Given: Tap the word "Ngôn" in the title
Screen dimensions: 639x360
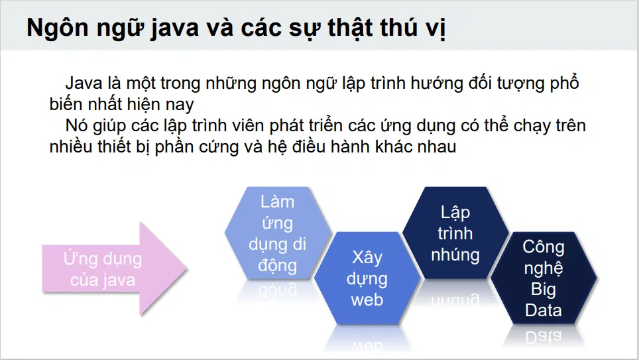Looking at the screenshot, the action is click(x=58, y=28).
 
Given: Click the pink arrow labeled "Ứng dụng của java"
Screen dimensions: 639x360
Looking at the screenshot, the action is click(x=115, y=269).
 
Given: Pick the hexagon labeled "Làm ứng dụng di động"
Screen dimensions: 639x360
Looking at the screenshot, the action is click(x=278, y=233).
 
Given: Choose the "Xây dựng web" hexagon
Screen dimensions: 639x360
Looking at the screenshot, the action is click(x=367, y=278).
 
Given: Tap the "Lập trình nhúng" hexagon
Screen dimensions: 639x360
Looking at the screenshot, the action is click(x=455, y=233).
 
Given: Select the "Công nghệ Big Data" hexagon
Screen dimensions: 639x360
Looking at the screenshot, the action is click(x=544, y=278).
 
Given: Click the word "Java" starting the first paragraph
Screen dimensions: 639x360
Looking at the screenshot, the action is click(x=84, y=83).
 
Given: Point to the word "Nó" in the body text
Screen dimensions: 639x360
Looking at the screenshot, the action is click(x=77, y=125).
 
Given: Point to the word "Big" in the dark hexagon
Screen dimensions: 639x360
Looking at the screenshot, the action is click(x=544, y=290).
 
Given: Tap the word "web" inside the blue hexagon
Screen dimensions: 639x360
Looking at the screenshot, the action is click(x=367, y=300).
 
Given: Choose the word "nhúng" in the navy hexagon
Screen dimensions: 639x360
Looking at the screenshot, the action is click(x=455, y=255).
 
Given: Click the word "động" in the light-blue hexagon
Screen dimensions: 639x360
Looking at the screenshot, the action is click(x=278, y=266).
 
